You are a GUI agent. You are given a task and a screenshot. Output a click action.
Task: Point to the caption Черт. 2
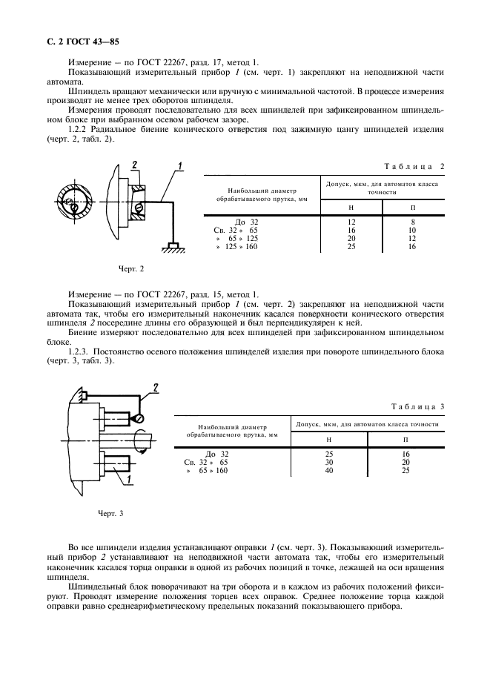[x=131, y=268]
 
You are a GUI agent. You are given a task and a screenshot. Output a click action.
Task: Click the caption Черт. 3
[x=111, y=513]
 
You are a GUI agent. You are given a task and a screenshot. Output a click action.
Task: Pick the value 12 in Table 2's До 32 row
[x=351, y=222]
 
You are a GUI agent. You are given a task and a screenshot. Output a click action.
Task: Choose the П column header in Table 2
[x=413, y=207]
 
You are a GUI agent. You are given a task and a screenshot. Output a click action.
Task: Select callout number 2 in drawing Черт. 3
[x=156, y=387]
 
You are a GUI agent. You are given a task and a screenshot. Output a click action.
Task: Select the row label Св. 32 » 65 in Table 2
[x=236, y=230]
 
